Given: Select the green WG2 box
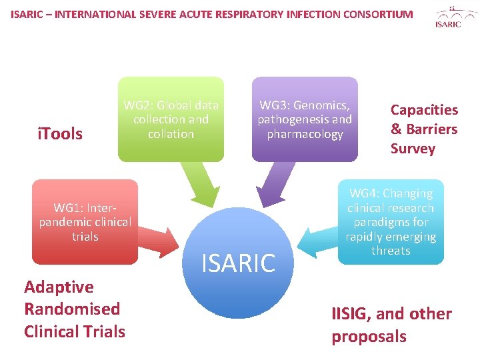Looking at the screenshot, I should [x=171, y=119].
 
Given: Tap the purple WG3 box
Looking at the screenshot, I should [x=305, y=119].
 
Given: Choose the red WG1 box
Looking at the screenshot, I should [x=85, y=222].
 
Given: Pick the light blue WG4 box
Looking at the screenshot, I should [x=391, y=222].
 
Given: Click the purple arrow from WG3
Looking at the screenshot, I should [x=273, y=183].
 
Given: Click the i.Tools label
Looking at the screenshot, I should [x=60, y=134].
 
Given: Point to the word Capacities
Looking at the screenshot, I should [x=424, y=110].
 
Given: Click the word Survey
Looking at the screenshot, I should [x=413, y=149].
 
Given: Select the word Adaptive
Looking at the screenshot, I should [x=59, y=287].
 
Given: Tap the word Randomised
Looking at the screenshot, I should [x=72, y=309].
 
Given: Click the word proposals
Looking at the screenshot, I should [x=369, y=337].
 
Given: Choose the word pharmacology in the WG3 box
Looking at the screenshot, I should [x=305, y=134].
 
